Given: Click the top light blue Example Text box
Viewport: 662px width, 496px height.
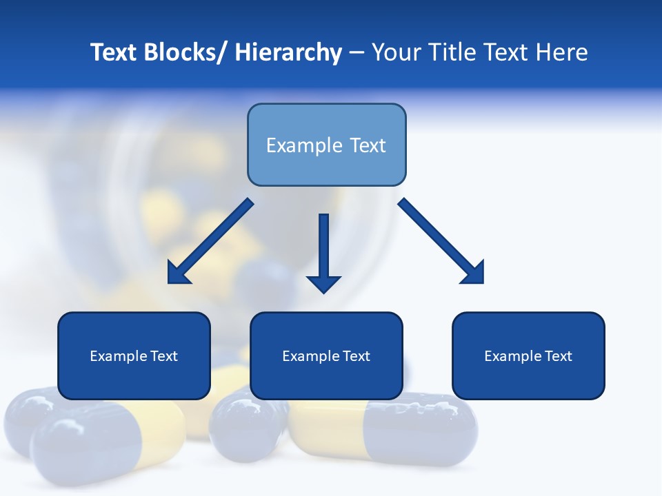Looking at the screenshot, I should [326, 145].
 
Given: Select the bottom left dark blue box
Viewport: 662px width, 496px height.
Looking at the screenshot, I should [134, 355].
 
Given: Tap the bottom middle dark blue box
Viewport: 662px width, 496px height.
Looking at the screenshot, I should [326, 355].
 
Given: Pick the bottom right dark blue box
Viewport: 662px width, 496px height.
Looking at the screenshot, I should [528, 355].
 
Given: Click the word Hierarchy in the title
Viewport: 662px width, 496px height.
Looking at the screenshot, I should [288, 52].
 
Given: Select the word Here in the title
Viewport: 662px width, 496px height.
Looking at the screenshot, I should [562, 52].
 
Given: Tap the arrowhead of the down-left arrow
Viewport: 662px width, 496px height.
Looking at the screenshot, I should [177, 273].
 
